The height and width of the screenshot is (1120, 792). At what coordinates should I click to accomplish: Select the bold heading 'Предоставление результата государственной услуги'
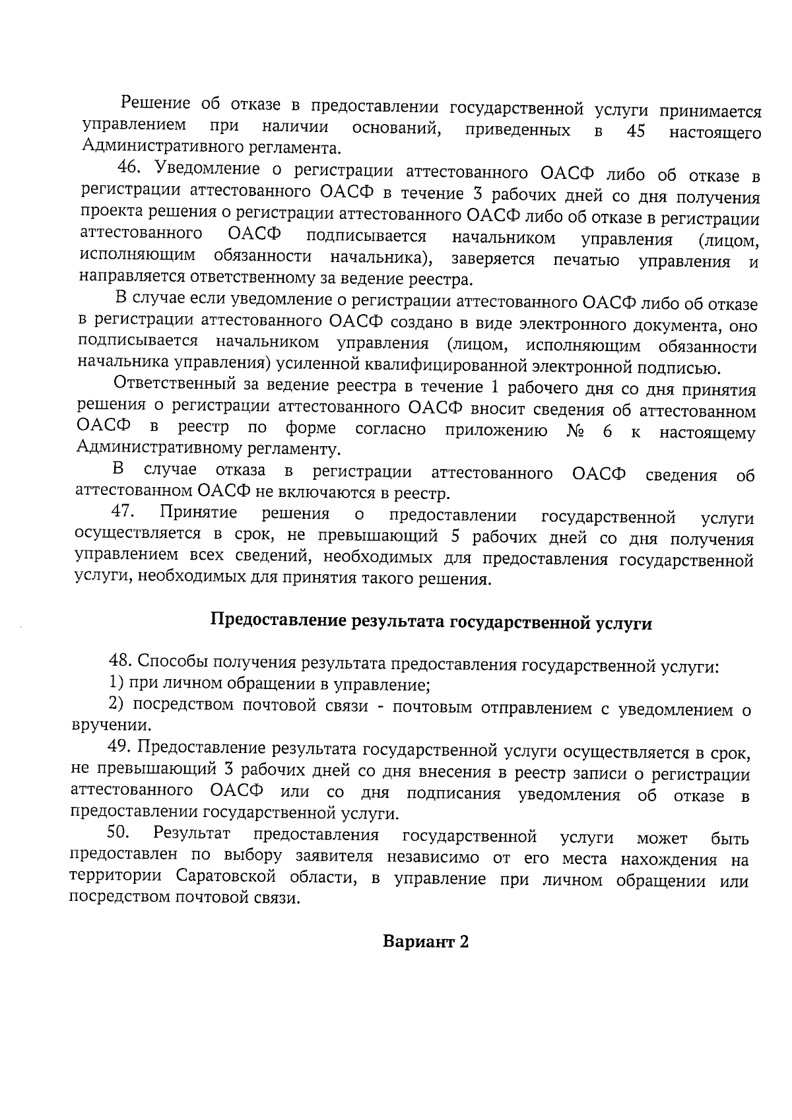431,622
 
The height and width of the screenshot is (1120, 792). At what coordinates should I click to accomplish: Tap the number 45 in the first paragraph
635,131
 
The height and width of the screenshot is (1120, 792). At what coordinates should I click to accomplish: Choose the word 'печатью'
586,260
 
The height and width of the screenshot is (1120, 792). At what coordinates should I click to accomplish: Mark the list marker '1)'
116,684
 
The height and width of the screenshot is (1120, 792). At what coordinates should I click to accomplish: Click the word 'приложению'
496,431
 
